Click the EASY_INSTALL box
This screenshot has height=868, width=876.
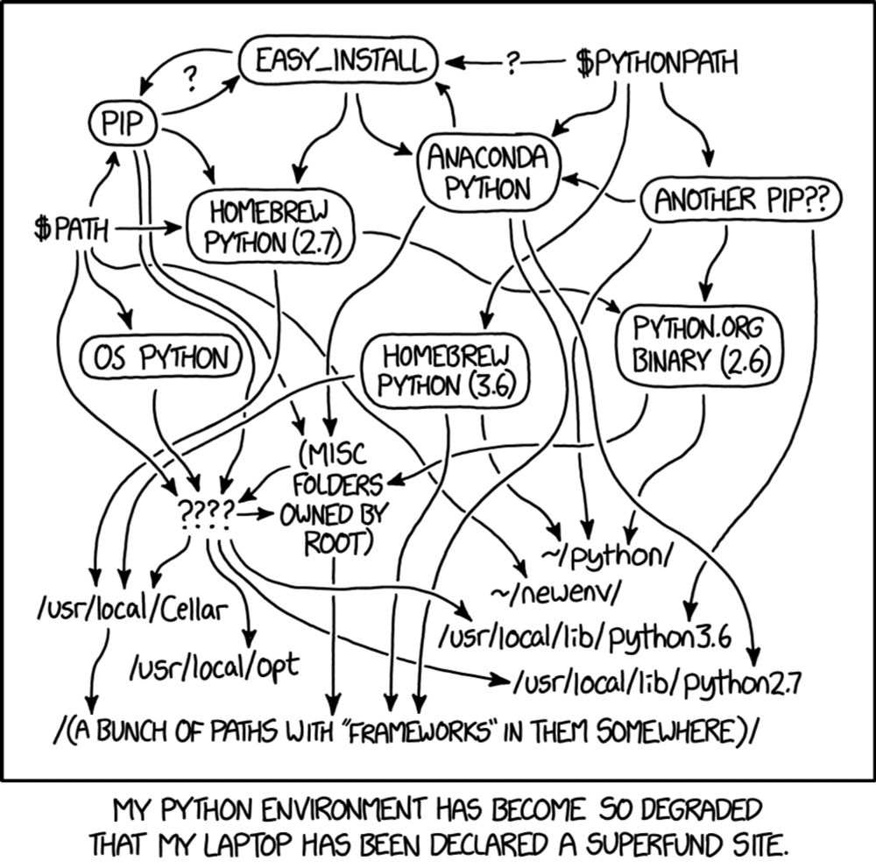pyautogui.click(x=338, y=60)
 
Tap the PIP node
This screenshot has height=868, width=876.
pyautogui.click(x=123, y=123)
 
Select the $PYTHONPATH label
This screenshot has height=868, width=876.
pyautogui.click(x=657, y=62)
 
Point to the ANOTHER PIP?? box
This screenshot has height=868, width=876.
pyautogui.click(x=740, y=200)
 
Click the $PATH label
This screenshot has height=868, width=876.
pyautogui.click(x=71, y=228)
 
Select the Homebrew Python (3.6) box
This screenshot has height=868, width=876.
pyautogui.click(x=445, y=370)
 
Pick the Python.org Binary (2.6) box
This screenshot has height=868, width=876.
pyautogui.click(x=698, y=344)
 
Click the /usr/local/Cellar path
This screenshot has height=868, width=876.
pyautogui.click(x=133, y=609)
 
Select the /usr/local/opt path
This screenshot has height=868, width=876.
pyautogui.click(x=215, y=666)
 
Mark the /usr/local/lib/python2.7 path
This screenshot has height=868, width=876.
pyautogui.click(x=657, y=682)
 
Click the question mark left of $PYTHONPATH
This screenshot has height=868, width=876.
pyautogui.click(x=512, y=63)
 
